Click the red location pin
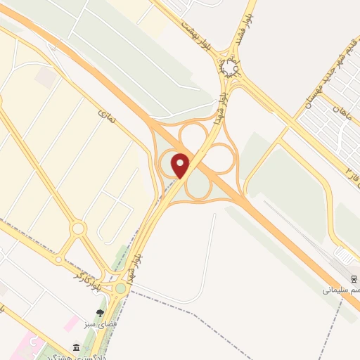(x=181, y=165)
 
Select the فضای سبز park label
(x=100, y=325)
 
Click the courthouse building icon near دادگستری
(x=77, y=347)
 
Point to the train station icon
(x=352, y=276)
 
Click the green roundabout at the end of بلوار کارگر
(x=121, y=288)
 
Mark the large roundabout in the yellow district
(x=78, y=228)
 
